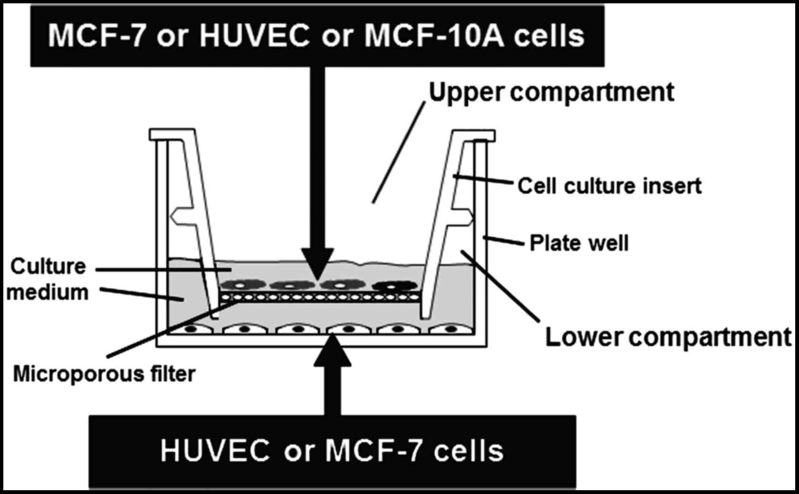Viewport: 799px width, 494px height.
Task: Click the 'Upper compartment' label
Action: (x=551, y=92)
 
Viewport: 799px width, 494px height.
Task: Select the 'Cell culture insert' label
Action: (x=609, y=186)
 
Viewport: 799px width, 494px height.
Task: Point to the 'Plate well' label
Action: (x=579, y=243)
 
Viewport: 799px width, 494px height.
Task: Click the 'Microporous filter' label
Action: (x=104, y=374)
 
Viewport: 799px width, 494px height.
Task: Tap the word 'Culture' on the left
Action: (x=48, y=267)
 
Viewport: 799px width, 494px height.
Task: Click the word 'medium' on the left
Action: (x=48, y=292)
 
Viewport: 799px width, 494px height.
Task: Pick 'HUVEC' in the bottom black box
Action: (x=214, y=451)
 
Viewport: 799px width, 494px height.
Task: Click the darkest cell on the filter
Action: (x=394, y=286)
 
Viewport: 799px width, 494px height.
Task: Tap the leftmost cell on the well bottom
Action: (x=192, y=329)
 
